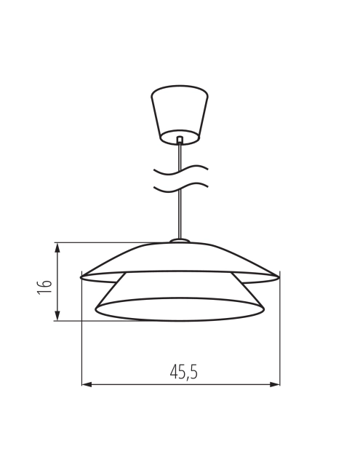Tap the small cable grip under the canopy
pyautogui.click(x=179, y=139)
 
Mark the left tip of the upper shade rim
pyautogui.click(x=82, y=277)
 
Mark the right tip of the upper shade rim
pyautogui.click(x=278, y=276)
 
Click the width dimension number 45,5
pyautogui.click(x=183, y=373)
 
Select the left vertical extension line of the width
pyautogui.click(x=81, y=335)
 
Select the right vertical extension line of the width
pyautogui.click(x=280, y=335)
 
